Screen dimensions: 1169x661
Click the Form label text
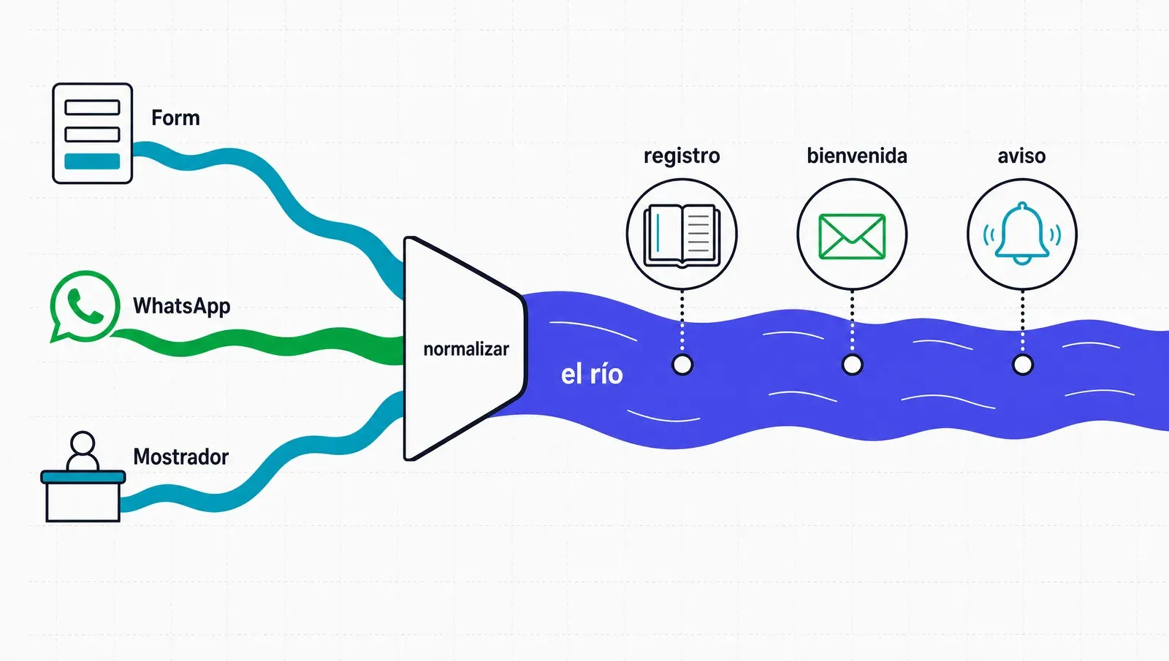[175, 118]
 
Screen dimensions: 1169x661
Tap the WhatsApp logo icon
[85, 306]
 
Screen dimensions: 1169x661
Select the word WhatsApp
[182, 306]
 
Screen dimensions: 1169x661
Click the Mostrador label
[180, 457]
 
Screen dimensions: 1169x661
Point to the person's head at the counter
[83, 444]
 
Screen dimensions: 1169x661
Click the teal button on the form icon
[92, 161]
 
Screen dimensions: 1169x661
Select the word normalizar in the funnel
[466, 349]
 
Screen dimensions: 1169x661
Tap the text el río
[592, 375]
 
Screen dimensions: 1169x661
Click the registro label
[682, 156]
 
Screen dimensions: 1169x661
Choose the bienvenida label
[857, 156]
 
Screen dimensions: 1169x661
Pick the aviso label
[1021, 156]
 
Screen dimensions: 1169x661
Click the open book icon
[682, 235]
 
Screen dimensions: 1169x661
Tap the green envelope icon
[852, 237]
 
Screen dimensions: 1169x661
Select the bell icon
[1022, 234]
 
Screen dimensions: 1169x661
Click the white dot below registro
[682, 364]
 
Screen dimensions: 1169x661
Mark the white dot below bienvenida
[852, 364]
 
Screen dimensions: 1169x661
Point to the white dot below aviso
[1022, 364]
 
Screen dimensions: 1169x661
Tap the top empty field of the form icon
[92, 107]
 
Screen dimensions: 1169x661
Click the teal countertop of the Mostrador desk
[83, 476]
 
